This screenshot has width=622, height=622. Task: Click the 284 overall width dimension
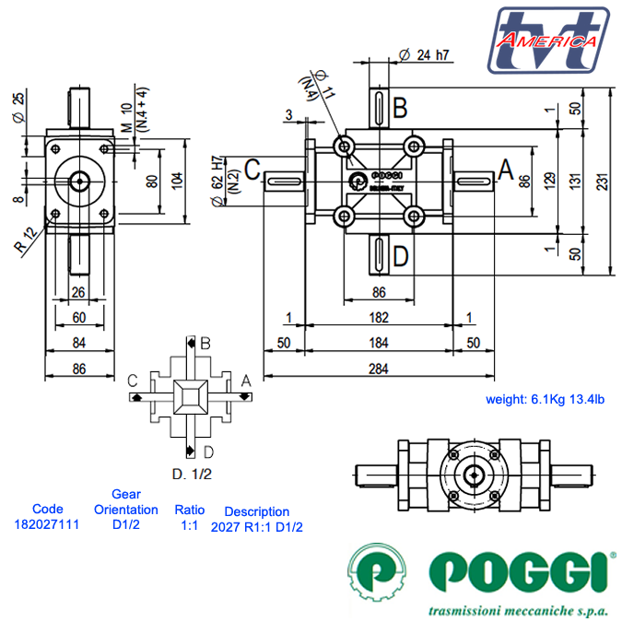[378, 368]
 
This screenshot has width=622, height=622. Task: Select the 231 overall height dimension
[602, 182]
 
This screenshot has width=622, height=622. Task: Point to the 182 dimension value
[378, 318]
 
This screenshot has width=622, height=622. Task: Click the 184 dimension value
[378, 343]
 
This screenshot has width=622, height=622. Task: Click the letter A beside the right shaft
[505, 169]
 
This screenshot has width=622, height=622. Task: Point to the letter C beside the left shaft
[252, 169]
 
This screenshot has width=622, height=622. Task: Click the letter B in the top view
[400, 109]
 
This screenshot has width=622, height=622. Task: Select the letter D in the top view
[400, 255]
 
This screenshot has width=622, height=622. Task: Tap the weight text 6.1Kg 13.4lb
[545, 399]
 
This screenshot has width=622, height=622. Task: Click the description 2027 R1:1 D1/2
[257, 527]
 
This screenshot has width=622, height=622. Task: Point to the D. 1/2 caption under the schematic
[192, 475]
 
